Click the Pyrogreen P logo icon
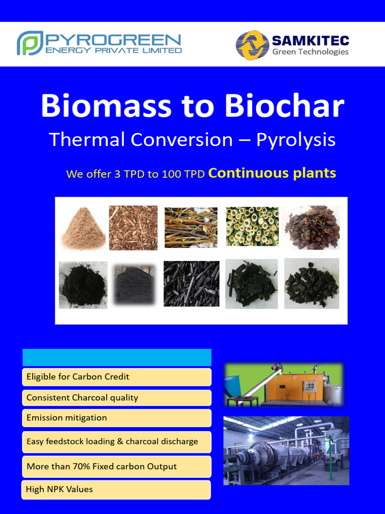tap(30, 43)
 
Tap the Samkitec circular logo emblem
tap(252, 45)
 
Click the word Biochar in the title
tap(284, 106)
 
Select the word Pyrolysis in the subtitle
tap(296, 140)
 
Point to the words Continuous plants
tap(272, 173)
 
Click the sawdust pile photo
tap(83, 228)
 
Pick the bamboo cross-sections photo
tap(252, 226)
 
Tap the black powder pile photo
tap(83, 285)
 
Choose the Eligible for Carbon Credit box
tap(117, 377)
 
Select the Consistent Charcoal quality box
tap(117, 398)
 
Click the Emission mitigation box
tap(117, 418)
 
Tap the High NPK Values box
tap(116, 489)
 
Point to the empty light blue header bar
tap(117, 357)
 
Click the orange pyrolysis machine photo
tap(284, 384)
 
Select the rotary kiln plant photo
tap(286, 450)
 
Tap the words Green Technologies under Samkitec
tap(310, 52)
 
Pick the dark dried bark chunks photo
tap(312, 228)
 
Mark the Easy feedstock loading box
tap(117, 442)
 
